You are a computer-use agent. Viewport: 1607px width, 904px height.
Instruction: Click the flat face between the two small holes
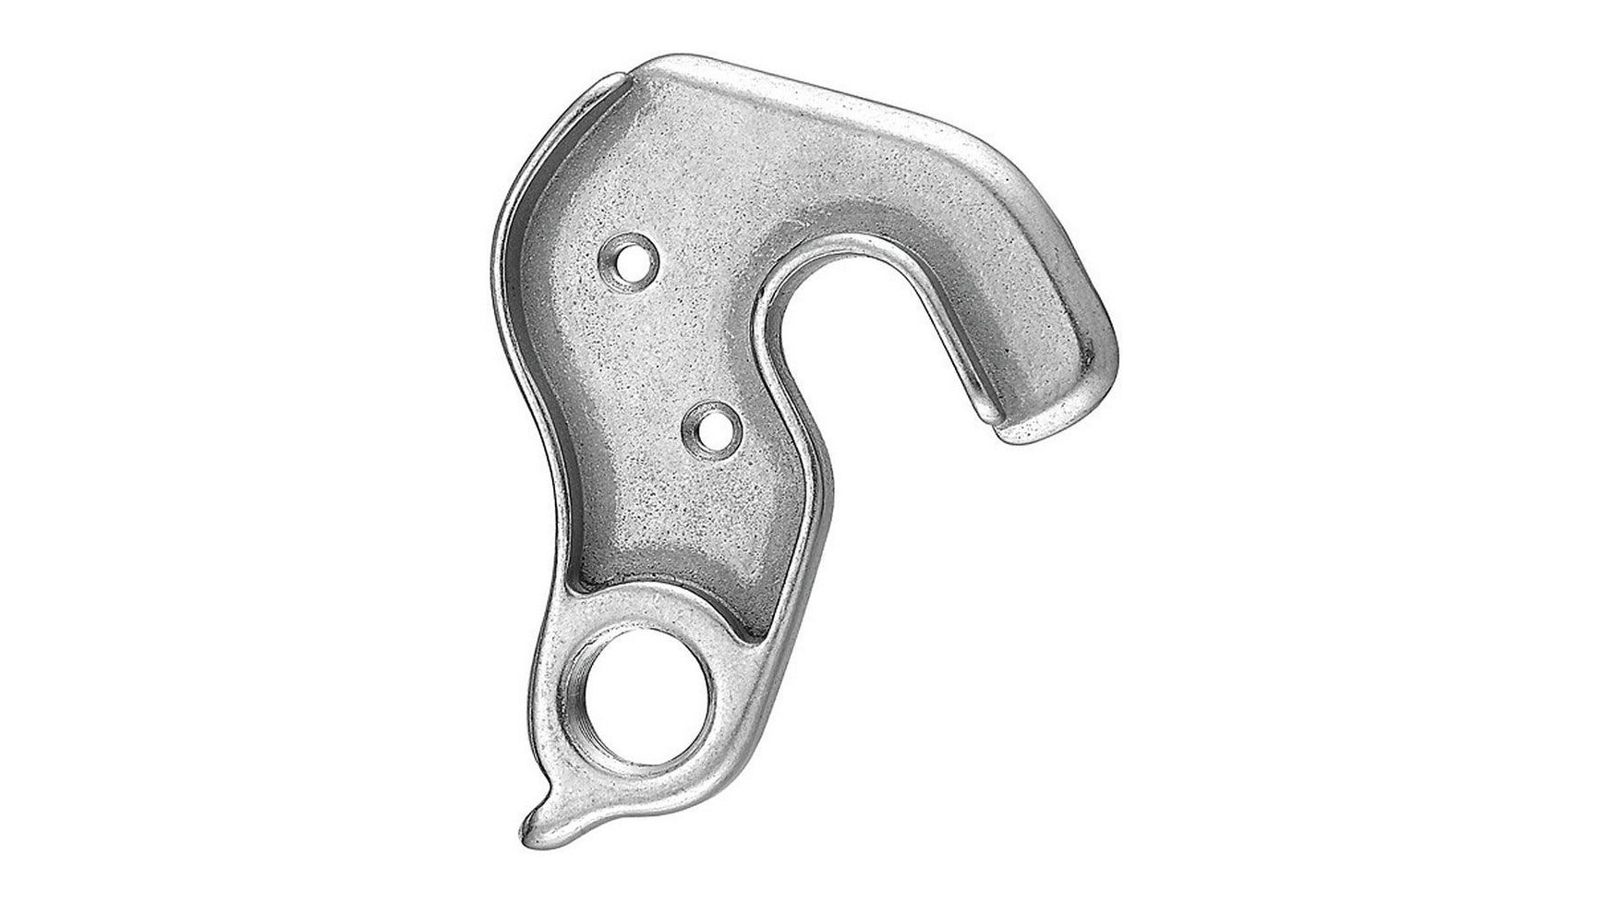click(665, 351)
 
